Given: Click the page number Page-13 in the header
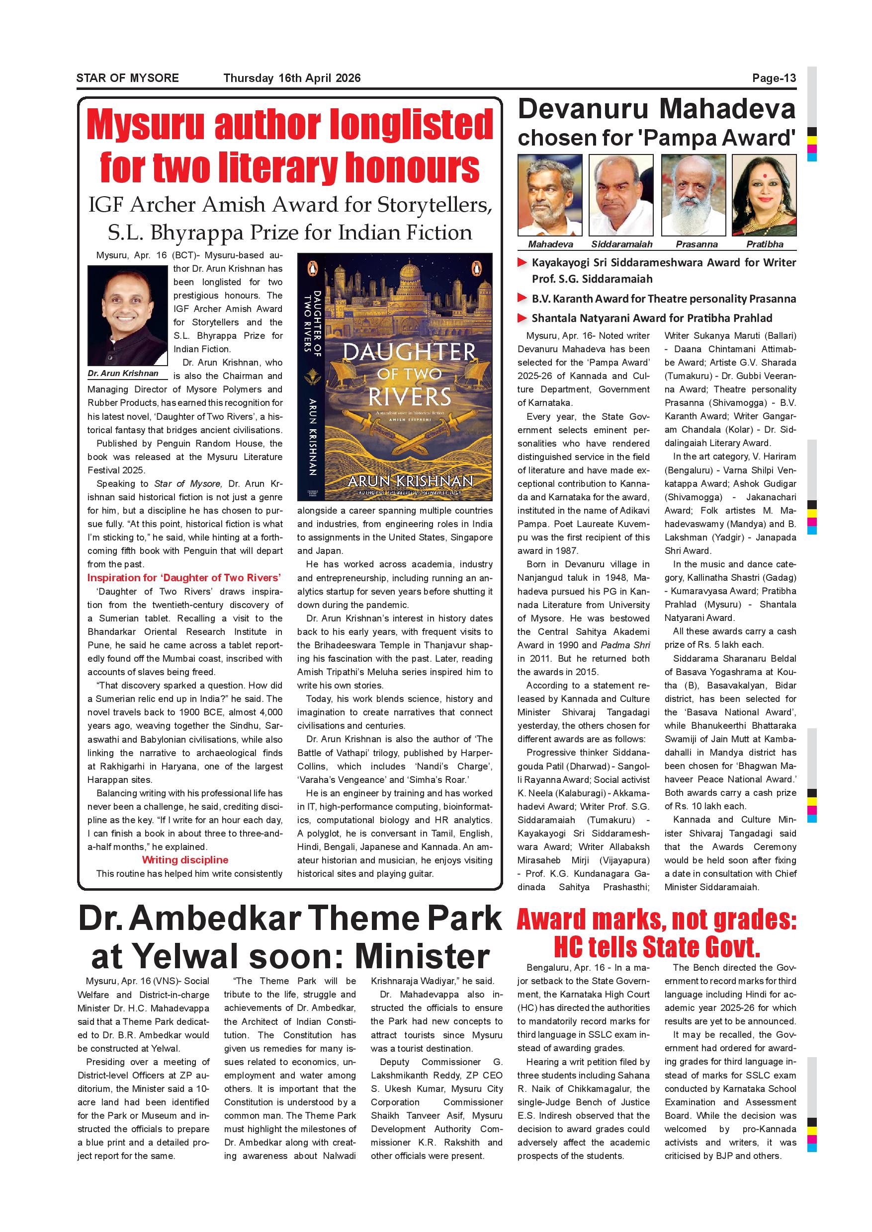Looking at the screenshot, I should (774, 78).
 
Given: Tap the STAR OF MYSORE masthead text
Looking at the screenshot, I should (127, 78).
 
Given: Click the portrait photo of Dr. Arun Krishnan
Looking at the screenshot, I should (127, 315).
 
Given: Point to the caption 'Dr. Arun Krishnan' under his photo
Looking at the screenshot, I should (123, 374).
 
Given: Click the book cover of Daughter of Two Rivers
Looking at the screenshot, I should (395, 377).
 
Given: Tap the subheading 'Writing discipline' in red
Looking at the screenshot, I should (185, 859).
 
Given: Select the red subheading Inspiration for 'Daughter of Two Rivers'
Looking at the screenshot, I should (184, 578).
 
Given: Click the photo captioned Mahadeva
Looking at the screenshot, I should (550, 195).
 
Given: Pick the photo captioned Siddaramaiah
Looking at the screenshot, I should (621, 195).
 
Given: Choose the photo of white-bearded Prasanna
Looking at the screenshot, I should (693, 195).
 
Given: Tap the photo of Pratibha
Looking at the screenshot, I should (764, 195).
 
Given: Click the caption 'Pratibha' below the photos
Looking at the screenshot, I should (765, 244).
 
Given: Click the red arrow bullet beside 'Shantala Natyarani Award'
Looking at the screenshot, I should (522, 318).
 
